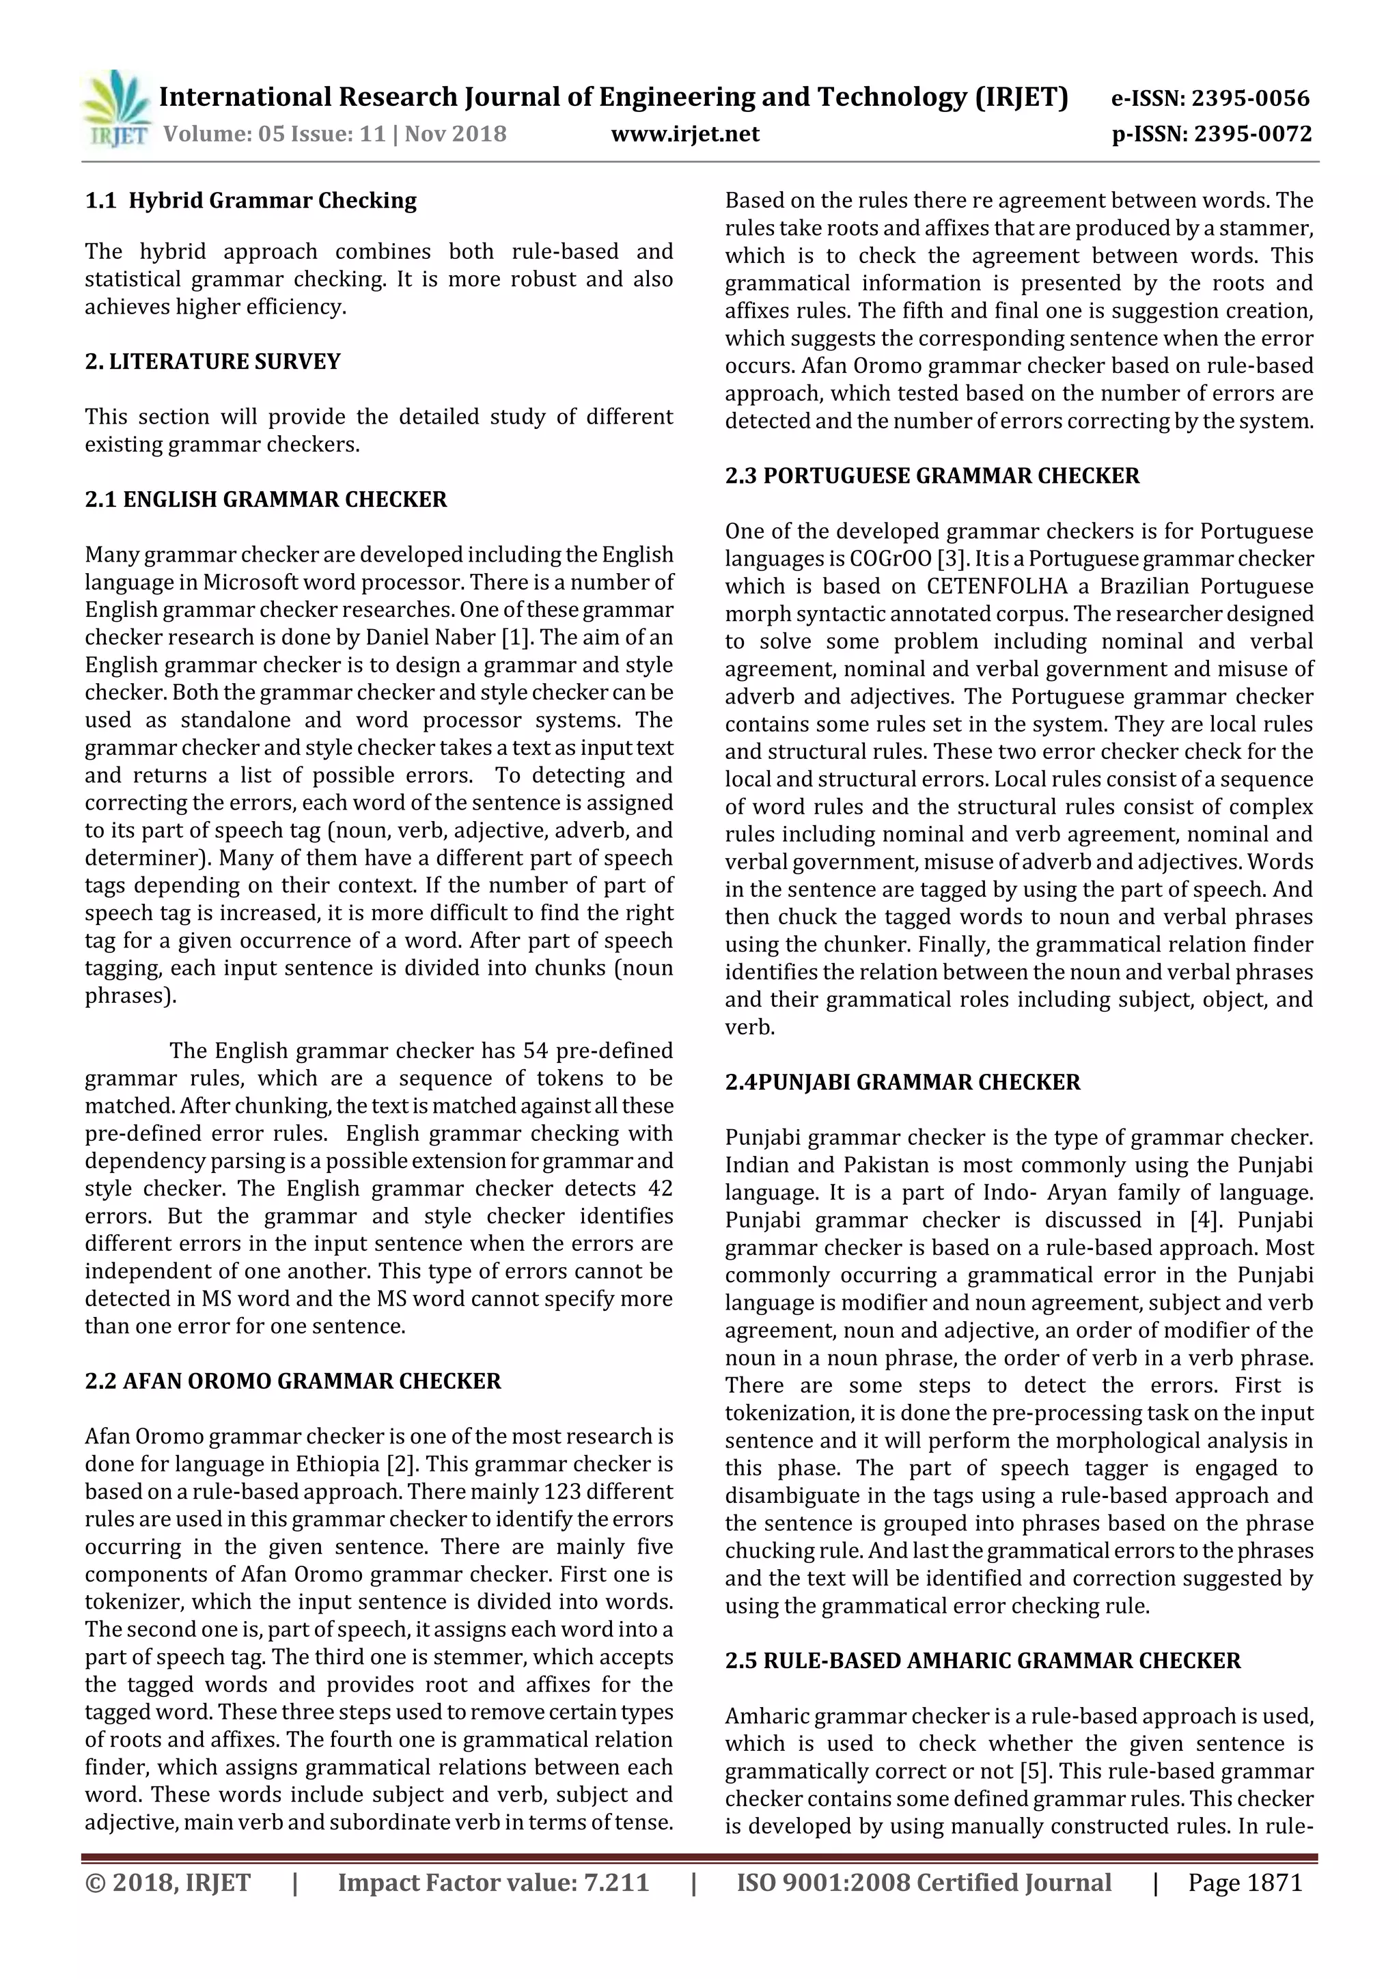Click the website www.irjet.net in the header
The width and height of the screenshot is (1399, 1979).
point(684,134)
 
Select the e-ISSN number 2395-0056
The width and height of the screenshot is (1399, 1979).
point(1251,98)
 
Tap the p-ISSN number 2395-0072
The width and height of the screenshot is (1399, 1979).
point(1253,134)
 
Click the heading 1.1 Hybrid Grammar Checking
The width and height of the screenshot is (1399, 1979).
point(251,201)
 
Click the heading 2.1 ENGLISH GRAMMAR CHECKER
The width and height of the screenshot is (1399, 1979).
point(266,500)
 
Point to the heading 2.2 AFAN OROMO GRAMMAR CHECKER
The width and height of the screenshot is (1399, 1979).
point(292,1381)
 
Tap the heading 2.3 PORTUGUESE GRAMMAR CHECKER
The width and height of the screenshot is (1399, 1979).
point(932,475)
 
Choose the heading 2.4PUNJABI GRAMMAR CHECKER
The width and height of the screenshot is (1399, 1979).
point(902,1082)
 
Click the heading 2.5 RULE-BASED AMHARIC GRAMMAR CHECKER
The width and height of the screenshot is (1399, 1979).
point(983,1660)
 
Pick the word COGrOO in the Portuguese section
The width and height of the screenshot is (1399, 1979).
point(891,559)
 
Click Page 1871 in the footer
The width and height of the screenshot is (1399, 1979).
point(1245,1883)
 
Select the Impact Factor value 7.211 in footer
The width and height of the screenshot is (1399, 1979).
point(615,1883)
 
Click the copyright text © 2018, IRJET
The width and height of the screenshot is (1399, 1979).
point(168,1883)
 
